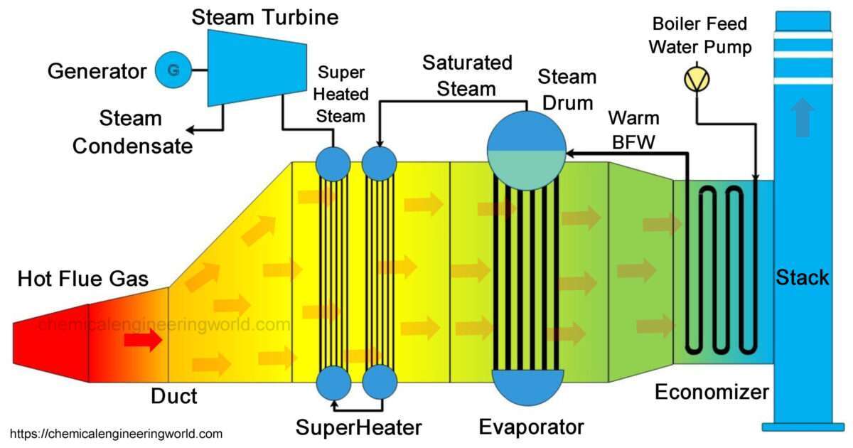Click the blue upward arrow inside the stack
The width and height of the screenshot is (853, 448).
coord(803,118)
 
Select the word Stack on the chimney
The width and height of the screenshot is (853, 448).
coord(803,277)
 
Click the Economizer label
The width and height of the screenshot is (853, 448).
coord(712,392)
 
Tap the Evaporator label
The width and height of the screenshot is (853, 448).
coord(531,427)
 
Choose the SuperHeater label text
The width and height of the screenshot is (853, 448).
coord(358,427)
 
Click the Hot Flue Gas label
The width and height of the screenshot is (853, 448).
coord(83,279)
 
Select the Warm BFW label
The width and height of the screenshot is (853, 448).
coord(633,130)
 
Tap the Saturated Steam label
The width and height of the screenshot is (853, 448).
coord(467,75)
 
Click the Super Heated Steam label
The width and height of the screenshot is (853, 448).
coord(342,94)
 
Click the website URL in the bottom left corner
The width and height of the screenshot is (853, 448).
coord(117,434)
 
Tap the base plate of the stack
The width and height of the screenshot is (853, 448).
coord(803,427)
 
